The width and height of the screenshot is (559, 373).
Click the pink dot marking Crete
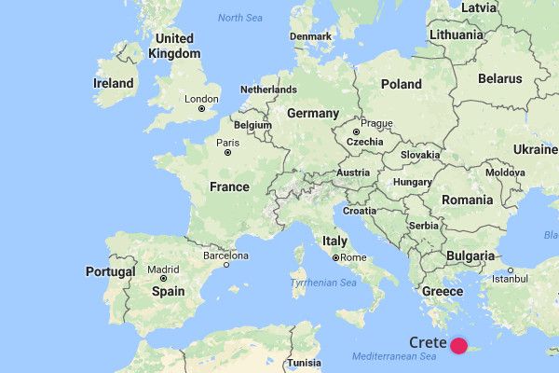pyautogui.click(x=459, y=346)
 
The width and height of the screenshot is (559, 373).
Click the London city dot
pyautogui.click(x=201, y=109)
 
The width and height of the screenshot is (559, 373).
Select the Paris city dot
pyautogui.click(x=225, y=152)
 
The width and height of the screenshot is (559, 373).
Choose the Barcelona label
pyautogui.click(x=225, y=255)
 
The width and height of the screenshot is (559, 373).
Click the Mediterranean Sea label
pyautogui.click(x=394, y=357)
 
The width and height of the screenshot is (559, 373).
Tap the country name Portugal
pyautogui.click(x=111, y=271)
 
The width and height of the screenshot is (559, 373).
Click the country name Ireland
pyautogui.click(x=114, y=84)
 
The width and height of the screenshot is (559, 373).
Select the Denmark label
pyautogui.click(x=310, y=36)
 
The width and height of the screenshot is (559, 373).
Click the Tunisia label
pyautogui.click(x=304, y=363)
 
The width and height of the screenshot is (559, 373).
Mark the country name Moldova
pyautogui.click(x=504, y=173)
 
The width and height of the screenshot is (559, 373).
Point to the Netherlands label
pyautogui.click(x=268, y=90)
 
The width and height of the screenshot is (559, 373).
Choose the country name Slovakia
pyautogui.click(x=419, y=154)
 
